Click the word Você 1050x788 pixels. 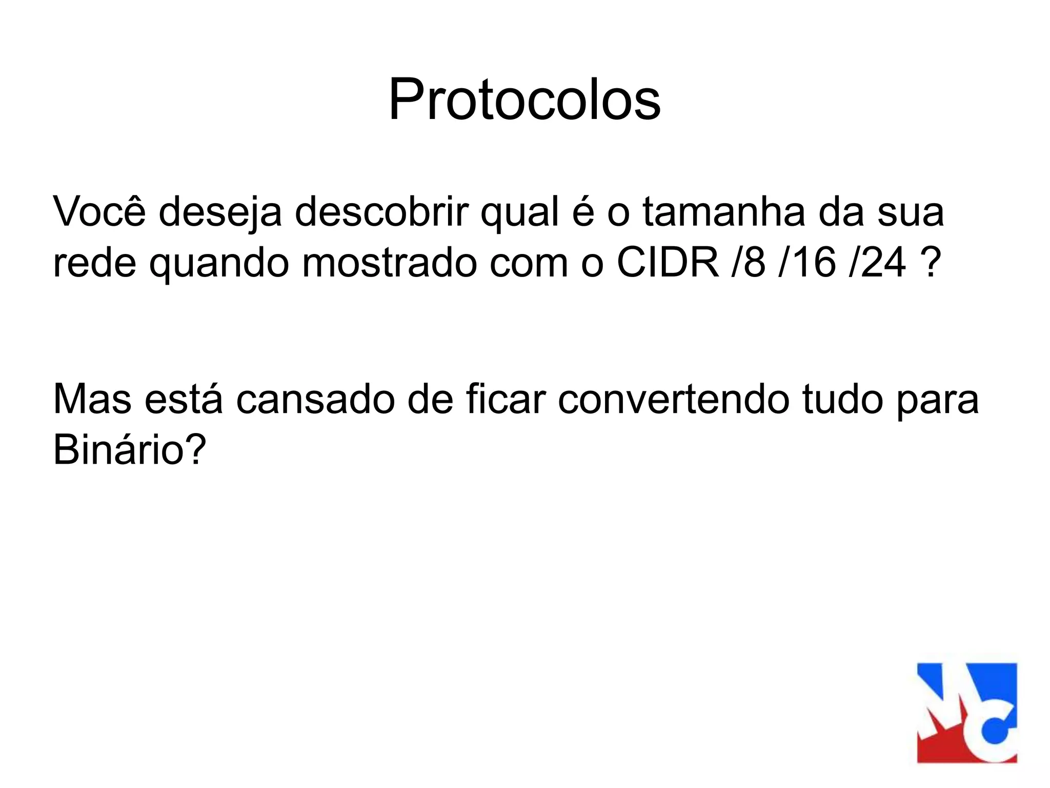click(x=99, y=211)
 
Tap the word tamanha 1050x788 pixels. click(x=723, y=211)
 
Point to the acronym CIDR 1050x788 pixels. click(x=668, y=263)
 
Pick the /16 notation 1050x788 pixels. click(x=807, y=263)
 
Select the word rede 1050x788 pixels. click(x=94, y=263)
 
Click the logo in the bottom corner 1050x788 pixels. click(x=966, y=713)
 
